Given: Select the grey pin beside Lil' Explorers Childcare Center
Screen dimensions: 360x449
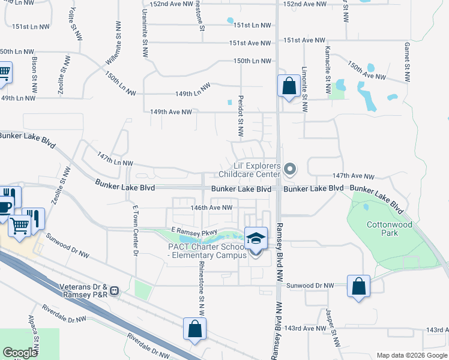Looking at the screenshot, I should pos(290,170).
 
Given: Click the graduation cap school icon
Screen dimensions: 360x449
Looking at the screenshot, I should pos(256,238).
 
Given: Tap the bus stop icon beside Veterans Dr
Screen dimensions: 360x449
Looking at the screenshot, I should pos(115,291).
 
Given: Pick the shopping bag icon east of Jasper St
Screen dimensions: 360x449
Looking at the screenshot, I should pos(358,286).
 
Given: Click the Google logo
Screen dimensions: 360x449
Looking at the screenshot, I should pos(20,353).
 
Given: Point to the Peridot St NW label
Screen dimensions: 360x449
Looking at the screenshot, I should pos(239,116).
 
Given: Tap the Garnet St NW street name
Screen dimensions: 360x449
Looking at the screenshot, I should pos(406,61).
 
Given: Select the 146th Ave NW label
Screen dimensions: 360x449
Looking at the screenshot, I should pos(211,208).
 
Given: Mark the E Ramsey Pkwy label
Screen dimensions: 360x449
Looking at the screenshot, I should pos(193,230).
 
